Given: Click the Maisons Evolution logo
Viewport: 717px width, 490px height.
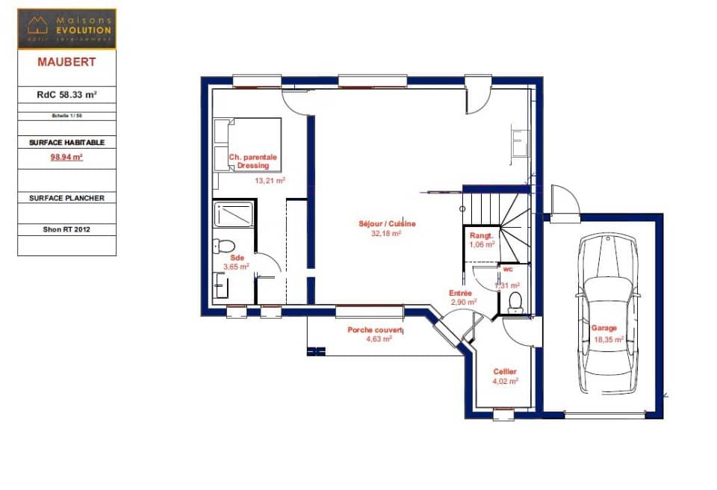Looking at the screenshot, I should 66,28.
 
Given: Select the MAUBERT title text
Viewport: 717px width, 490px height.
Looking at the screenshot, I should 66,62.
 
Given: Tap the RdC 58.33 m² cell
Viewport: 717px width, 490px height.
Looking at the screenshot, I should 66,95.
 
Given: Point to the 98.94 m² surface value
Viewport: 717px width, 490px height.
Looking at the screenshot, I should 66,158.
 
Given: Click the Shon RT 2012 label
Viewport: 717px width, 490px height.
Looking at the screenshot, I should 66,229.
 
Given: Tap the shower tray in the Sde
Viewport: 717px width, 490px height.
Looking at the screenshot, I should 235,214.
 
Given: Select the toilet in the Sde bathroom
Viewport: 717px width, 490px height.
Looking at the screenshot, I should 223,246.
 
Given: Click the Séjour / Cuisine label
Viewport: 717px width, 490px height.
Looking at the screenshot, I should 387,223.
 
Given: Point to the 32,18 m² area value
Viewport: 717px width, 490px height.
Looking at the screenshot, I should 387,233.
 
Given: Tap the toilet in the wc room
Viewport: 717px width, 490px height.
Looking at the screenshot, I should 515,303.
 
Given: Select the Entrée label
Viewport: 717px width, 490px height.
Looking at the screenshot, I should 459,293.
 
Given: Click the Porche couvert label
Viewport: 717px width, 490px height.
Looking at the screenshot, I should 375,330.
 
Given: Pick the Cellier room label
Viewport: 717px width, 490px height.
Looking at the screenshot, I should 505,371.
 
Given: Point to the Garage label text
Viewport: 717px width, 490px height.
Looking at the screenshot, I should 603,328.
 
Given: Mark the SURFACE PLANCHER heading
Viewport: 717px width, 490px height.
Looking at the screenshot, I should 66,198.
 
